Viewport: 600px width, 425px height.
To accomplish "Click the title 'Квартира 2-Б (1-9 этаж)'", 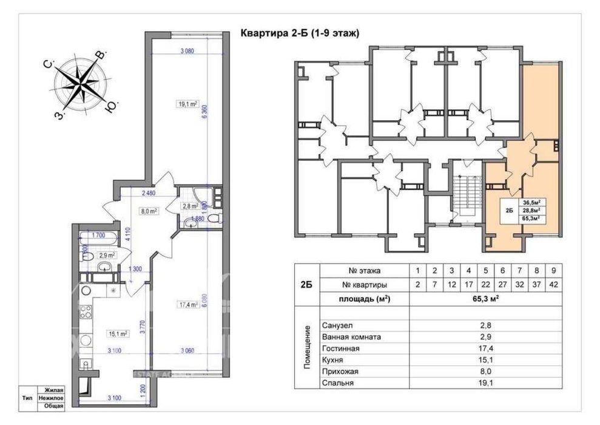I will (x=300, y=33).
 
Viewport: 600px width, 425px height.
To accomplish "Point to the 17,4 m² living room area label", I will (x=189, y=305).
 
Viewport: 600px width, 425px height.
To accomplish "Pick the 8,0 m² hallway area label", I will (x=149, y=211).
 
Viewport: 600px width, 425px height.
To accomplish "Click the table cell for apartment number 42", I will (x=553, y=284).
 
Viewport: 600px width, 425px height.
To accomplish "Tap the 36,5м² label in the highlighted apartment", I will (x=531, y=203).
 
